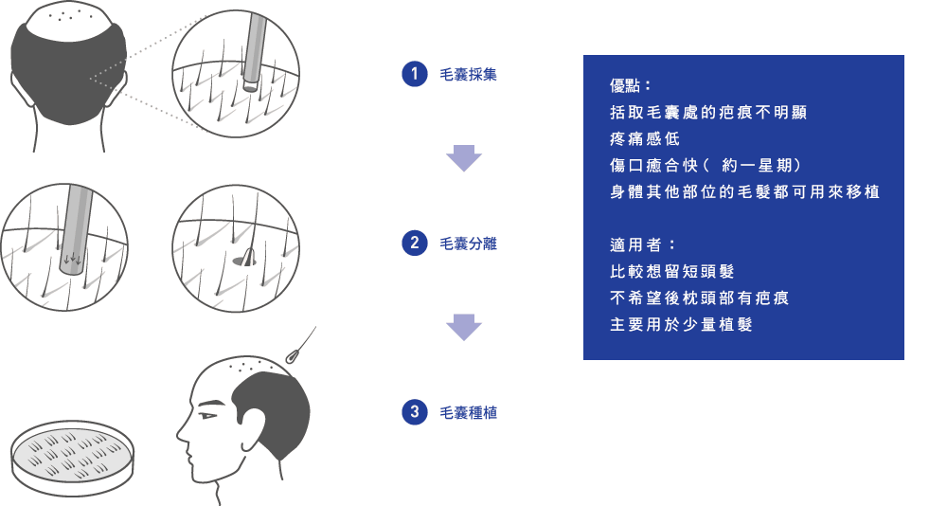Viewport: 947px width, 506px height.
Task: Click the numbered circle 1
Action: pos(413,74)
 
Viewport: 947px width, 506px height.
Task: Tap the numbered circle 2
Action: pos(413,244)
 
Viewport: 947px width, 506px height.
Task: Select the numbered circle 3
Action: pos(413,412)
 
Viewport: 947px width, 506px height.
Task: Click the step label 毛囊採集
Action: pos(468,74)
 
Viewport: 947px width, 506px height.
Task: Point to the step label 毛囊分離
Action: pos(468,244)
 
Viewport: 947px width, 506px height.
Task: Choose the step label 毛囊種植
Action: pos(468,412)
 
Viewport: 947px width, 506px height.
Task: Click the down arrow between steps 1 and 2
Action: pos(464,158)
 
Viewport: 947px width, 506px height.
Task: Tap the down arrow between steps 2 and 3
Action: pos(464,327)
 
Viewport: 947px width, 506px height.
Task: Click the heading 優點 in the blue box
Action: pos(631,85)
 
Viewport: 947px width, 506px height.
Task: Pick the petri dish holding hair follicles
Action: pos(72,457)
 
